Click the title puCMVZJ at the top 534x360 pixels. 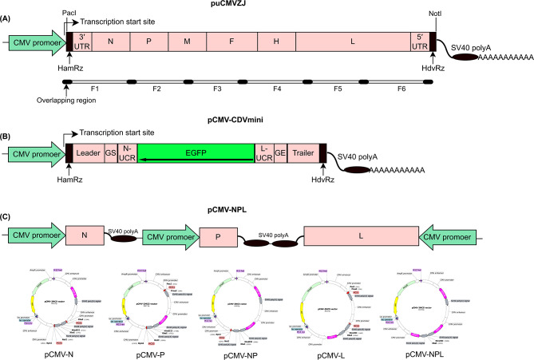(x=267, y=6)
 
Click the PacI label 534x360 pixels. (x=68, y=14)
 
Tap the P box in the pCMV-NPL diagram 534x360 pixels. (x=216, y=236)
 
